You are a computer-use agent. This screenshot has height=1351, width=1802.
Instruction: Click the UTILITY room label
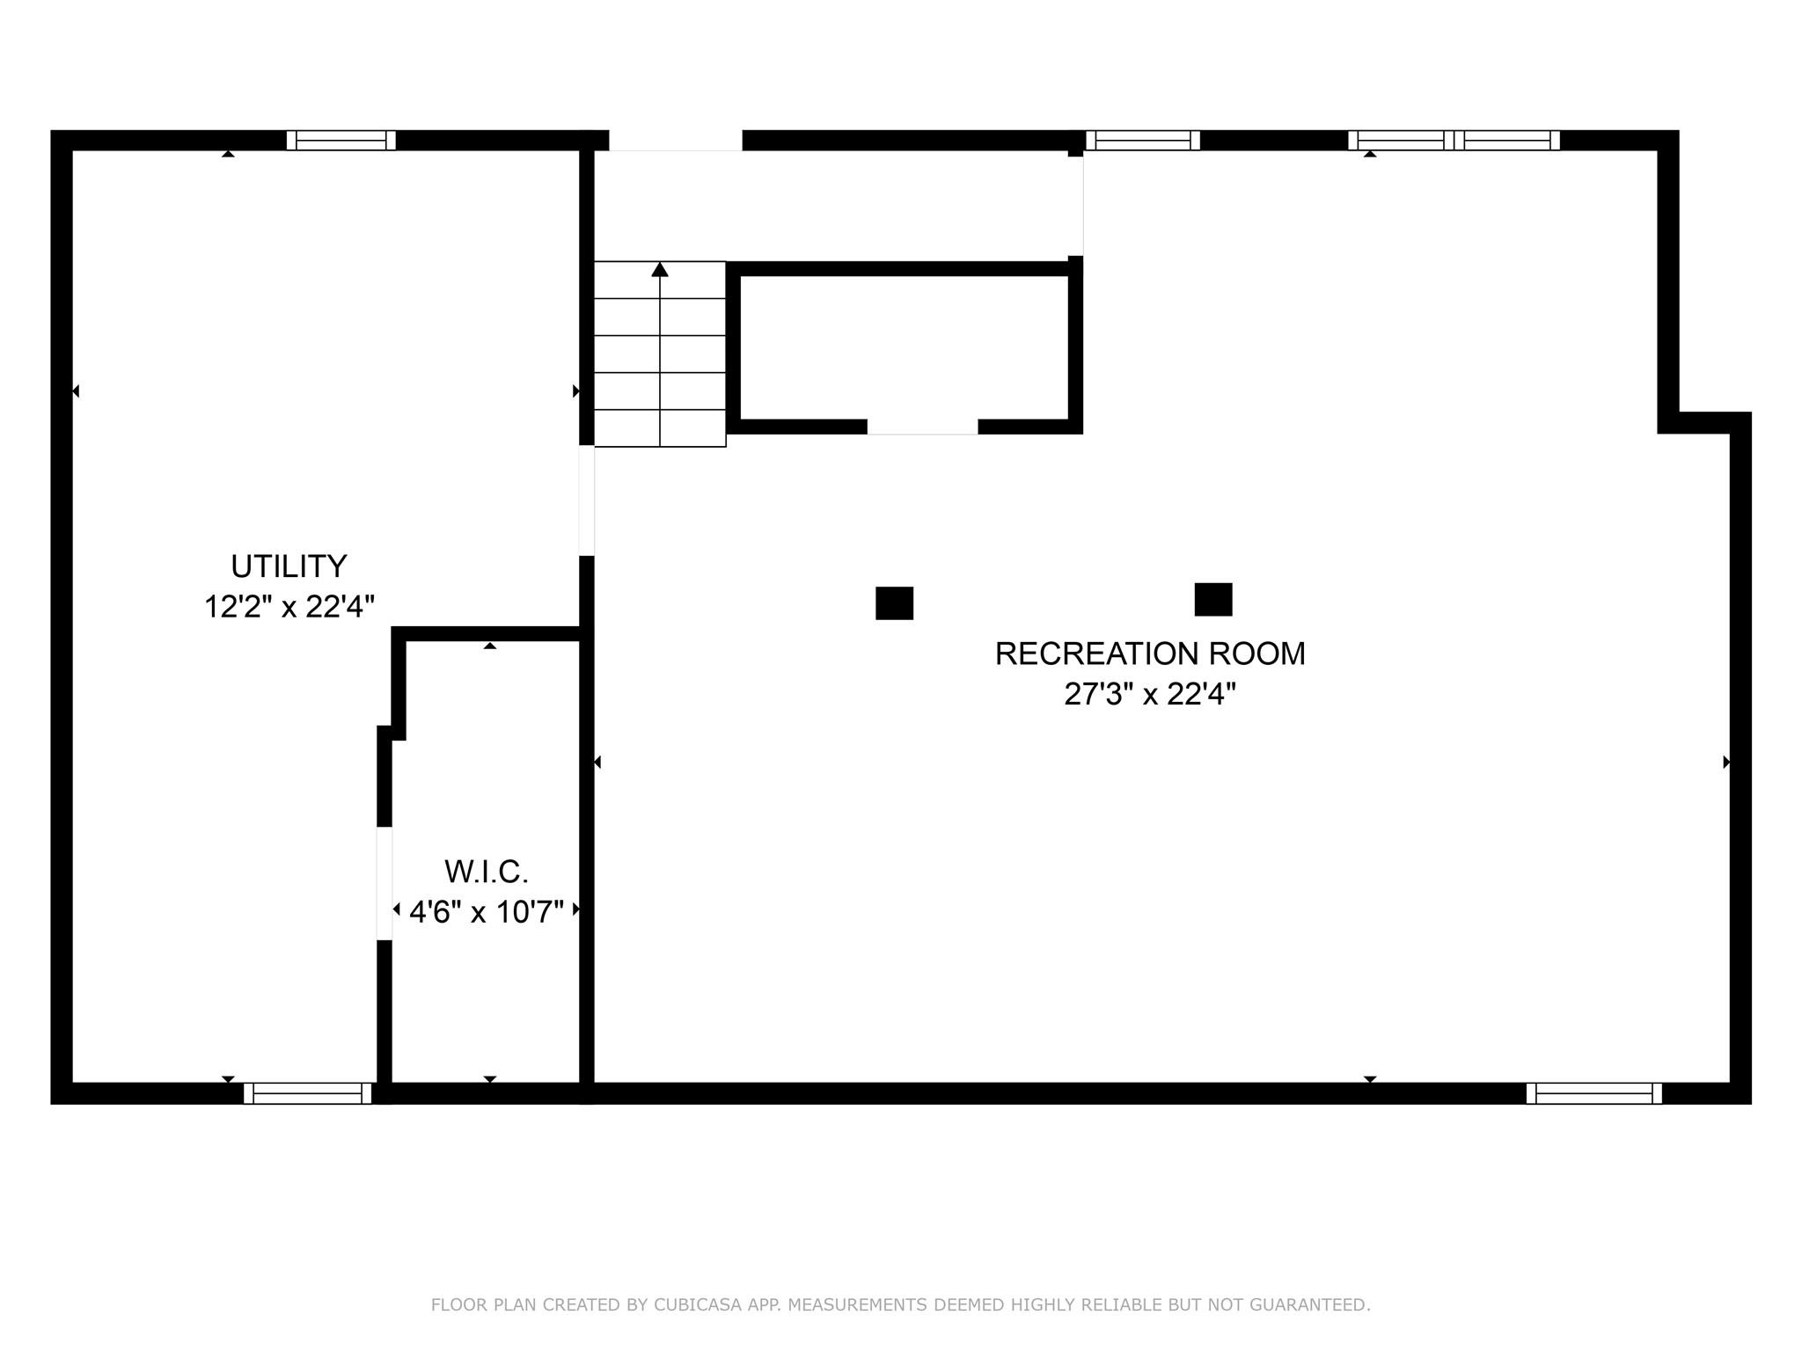pyautogui.click(x=289, y=566)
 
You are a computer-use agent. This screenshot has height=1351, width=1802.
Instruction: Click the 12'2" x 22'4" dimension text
pyautogui.click(x=289, y=607)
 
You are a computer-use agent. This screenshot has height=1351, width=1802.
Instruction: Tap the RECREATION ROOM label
pyautogui.click(x=1149, y=654)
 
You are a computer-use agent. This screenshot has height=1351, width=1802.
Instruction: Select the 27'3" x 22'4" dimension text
pyautogui.click(x=1149, y=695)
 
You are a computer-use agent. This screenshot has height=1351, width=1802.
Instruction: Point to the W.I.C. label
pyautogui.click(x=486, y=872)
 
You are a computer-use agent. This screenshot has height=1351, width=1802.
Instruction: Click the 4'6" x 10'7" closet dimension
pyautogui.click(x=486, y=912)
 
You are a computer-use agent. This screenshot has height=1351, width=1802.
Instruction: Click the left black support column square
pyautogui.click(x=894, y=603)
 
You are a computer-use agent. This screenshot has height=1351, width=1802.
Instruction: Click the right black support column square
pyautogui.click(x=1212, y=599)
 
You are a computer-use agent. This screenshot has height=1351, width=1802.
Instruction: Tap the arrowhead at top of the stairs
pyautogui.click(x=660, y=269)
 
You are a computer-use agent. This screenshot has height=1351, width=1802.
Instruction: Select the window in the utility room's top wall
pyautogui.click(x=341, y=141)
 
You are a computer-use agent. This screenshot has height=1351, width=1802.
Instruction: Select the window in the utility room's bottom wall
pyautogui.click(x=307, y=1093)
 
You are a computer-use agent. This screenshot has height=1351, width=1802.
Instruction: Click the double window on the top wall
pyautogui.click(x=1454, y=141)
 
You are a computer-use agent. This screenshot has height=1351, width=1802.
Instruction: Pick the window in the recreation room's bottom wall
pyautogui.click(x=1593, y=1093)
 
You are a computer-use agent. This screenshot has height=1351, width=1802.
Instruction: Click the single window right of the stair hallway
pyautogui.click(x=1142, y=141)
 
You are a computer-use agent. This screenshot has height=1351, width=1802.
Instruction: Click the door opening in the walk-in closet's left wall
pyautogui.click(x=385, y=883)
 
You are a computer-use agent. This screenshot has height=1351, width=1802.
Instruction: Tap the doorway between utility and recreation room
pyautogui.click(x=587, y=501)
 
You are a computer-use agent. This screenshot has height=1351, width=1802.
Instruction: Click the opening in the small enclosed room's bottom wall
pyautogui.click(x=922, y=427)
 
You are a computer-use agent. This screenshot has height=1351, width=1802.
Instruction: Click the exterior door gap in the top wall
pyautogui.click(x=675, y=141)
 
